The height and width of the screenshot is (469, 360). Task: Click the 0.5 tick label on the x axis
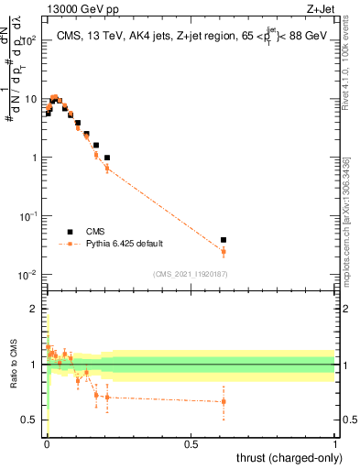[x=191, y=444]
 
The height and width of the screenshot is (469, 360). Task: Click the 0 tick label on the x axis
[x=46, y=444]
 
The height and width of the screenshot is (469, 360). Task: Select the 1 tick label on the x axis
[x=334, y=444]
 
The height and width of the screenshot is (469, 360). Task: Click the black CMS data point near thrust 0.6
[x=224, y=240]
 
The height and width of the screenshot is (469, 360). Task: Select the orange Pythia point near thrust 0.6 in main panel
[x=224, y=251]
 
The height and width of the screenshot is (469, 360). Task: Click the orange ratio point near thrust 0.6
[x=224, y=401]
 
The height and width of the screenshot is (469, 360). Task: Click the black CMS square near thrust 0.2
[x=107, y=158]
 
